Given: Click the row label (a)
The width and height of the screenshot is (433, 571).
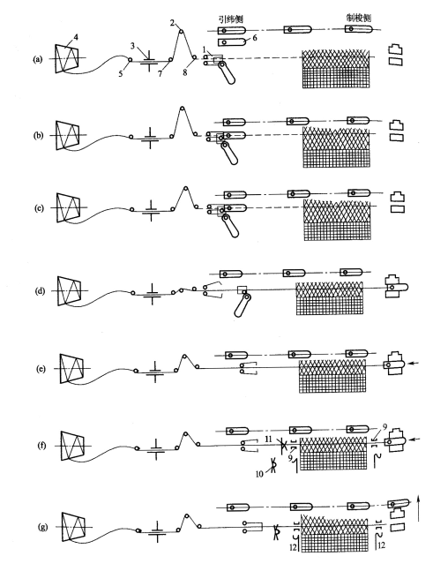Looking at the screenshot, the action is point(37,59).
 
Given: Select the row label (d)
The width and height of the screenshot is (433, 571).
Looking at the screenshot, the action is point(40,291).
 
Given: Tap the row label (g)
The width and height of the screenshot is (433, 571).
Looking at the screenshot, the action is point(43,527).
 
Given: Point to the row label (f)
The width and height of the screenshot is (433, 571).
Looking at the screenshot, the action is point(41,446).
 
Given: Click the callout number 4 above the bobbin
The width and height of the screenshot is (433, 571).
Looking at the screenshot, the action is point(76,36).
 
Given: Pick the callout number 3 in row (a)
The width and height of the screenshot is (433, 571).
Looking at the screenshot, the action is point(133,46).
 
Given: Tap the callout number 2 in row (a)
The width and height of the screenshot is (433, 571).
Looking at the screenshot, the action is point(172,23).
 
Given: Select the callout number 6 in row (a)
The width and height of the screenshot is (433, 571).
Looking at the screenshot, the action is point(254,38).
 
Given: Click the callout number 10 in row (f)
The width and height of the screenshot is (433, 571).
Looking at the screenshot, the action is point(259,474).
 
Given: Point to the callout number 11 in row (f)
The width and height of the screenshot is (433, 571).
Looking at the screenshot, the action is point(269,440).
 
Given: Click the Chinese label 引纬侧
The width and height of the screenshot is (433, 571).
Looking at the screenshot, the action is point(231,19).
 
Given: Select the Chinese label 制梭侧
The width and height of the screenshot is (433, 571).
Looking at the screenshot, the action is point(359,18).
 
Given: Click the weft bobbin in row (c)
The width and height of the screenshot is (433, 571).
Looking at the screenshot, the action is point(69,207).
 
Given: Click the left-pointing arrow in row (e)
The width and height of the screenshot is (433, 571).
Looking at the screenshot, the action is point(414,363).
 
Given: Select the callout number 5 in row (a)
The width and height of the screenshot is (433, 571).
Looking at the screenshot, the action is point(121,73).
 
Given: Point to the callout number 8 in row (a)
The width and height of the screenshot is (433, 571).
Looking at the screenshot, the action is point(185,72).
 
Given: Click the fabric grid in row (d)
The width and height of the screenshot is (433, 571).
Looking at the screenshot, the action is point(330,299).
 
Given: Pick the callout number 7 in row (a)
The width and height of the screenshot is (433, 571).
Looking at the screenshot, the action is point(160,74).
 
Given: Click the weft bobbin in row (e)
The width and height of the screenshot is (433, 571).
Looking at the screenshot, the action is point(71,368).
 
